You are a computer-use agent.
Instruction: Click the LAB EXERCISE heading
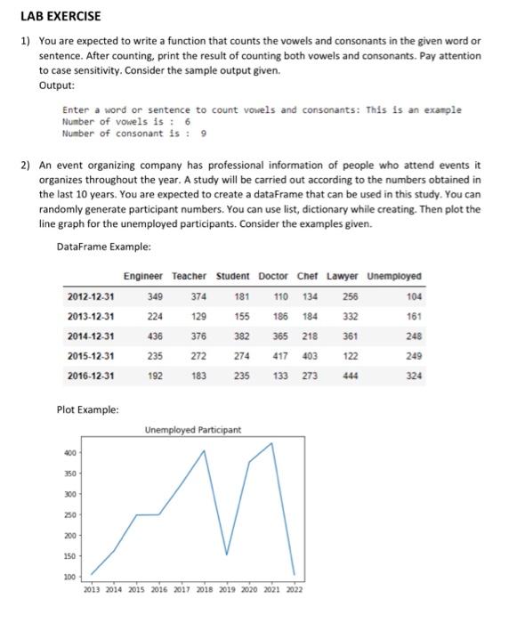61,16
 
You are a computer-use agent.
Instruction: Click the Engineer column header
143,276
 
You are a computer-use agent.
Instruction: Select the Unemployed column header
394,276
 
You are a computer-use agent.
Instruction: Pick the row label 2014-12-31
90,336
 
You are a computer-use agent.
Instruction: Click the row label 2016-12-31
90,376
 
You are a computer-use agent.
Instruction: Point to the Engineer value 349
155,296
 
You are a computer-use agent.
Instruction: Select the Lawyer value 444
348,376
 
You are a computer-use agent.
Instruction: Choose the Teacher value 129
199,316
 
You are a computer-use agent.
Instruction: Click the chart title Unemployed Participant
192,430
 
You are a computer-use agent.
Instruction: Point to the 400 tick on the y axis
68,453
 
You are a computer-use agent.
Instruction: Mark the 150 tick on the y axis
68,556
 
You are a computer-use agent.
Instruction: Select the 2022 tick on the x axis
294,589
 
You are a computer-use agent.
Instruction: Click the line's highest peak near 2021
271,443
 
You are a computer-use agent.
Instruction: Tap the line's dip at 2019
227,554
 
